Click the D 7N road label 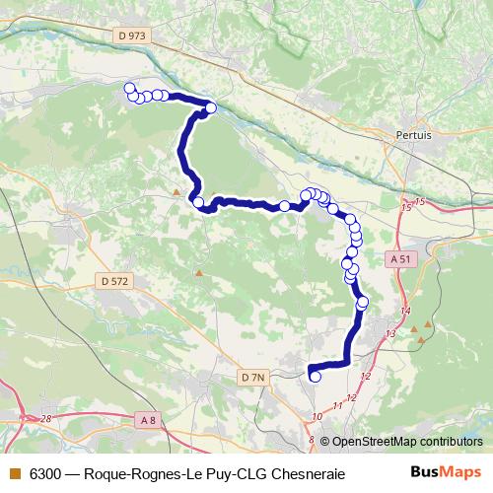[253, 377]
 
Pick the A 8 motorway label [148, 421]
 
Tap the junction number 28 [46, 419]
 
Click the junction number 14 [404, 312]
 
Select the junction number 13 [390, 335]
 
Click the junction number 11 [338, 405]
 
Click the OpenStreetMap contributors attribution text [401, 442]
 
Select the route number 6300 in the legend [45, 473]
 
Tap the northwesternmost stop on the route [128, 89]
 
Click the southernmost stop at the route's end [316, 376]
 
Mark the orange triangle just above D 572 [199, 272]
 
